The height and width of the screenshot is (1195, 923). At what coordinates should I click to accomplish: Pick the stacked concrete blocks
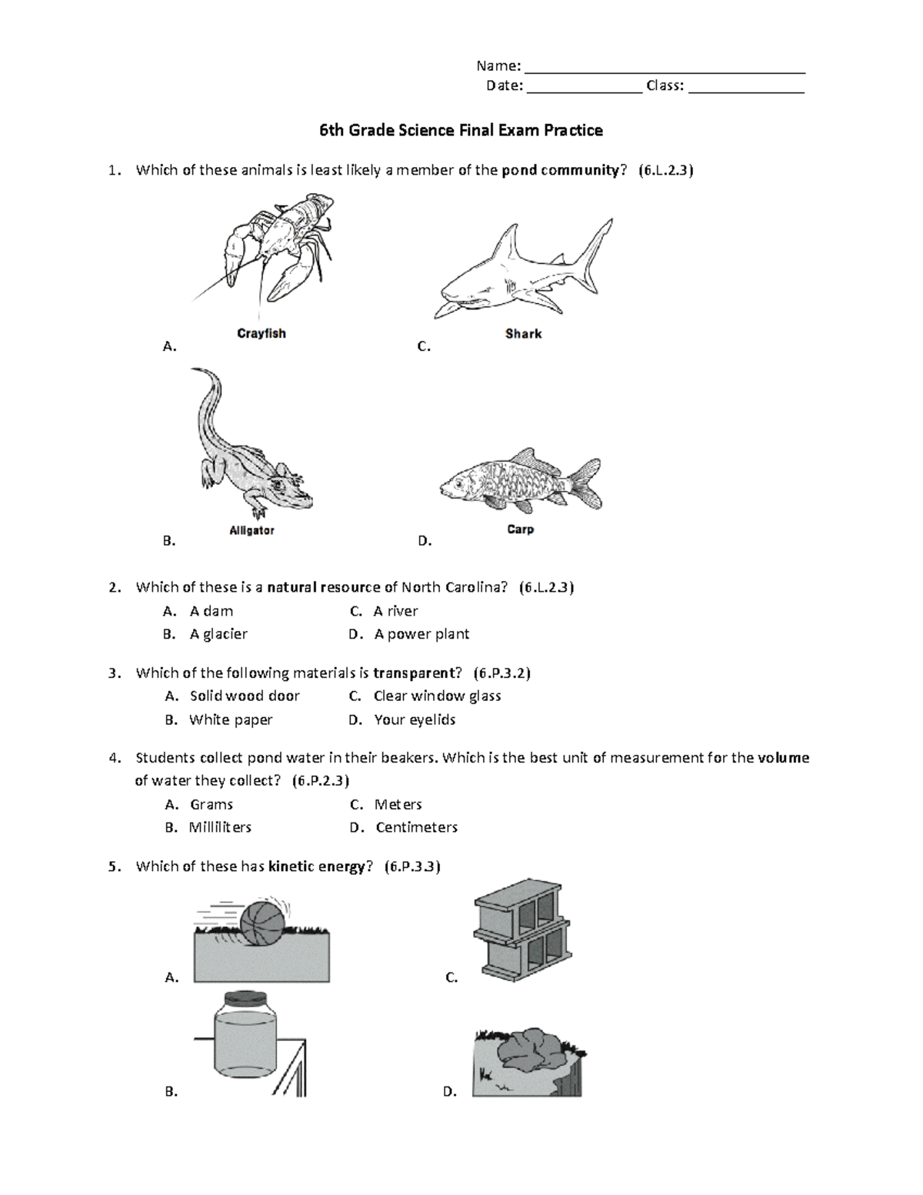point(523,935)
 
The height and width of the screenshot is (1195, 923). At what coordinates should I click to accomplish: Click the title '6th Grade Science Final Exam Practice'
point(461,130)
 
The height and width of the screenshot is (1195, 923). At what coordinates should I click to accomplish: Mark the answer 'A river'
point(395,611)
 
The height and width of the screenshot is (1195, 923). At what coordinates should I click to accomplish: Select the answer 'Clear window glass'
point(437,696)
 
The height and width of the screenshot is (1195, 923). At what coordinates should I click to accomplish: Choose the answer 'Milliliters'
point(220,827)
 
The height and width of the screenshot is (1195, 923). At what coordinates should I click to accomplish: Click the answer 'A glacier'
point(218,634)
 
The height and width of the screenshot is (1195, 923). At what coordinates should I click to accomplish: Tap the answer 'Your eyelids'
point(415,720)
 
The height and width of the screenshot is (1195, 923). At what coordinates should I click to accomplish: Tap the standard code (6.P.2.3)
point(321,781)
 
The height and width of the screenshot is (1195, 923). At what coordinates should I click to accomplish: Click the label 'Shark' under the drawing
point(523,334)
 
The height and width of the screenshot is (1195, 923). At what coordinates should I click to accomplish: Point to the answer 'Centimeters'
point(416,827)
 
